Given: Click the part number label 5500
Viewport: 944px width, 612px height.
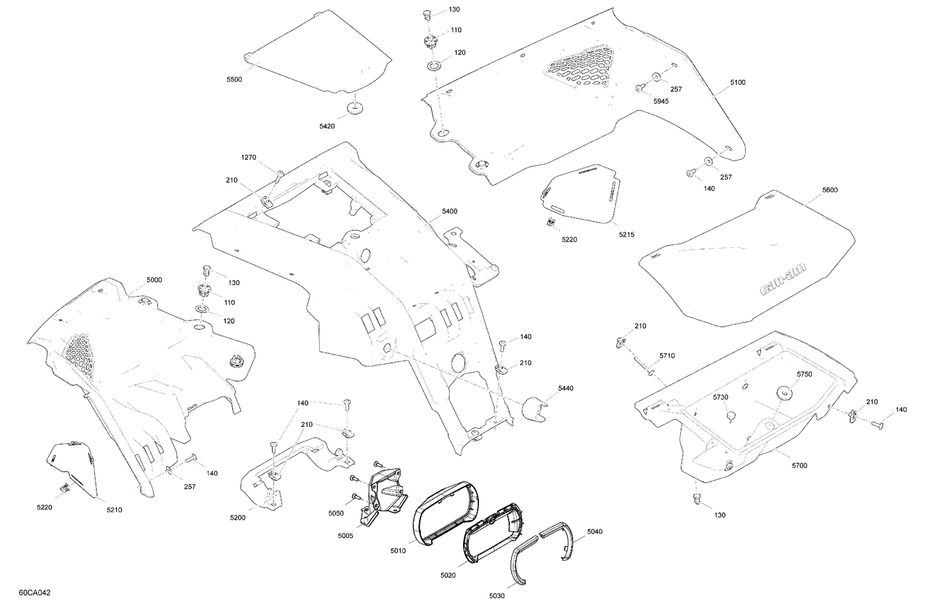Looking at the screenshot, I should [x=234, y=80].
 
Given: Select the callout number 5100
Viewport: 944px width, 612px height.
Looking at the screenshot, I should [x=738, y=82].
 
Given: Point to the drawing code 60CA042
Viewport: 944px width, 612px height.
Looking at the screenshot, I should [x=35, y=593].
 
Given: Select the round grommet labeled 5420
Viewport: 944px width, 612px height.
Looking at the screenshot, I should [x=354, y=110].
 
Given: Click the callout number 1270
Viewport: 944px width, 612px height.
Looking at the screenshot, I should [x=248, y=157].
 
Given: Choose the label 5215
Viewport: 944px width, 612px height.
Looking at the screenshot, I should [x=626, y=234].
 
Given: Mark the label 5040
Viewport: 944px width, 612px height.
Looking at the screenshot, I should [x=595, y=532].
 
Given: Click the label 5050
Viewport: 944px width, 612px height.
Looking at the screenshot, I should [x=336, y=513].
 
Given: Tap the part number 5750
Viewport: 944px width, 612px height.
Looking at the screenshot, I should [x=804, y=375].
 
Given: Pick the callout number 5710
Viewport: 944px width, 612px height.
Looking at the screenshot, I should [x=667, y=356].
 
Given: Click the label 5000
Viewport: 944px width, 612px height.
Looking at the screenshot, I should [x=154, y=280].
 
